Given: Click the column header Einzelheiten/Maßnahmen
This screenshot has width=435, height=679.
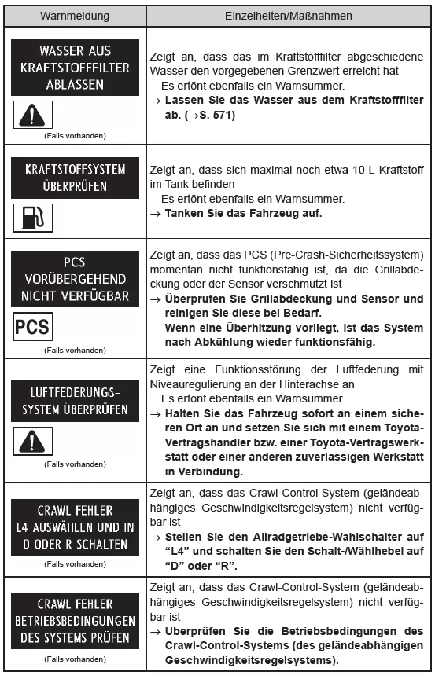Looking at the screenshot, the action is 288,14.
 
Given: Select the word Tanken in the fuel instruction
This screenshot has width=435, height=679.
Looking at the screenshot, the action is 183,213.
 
